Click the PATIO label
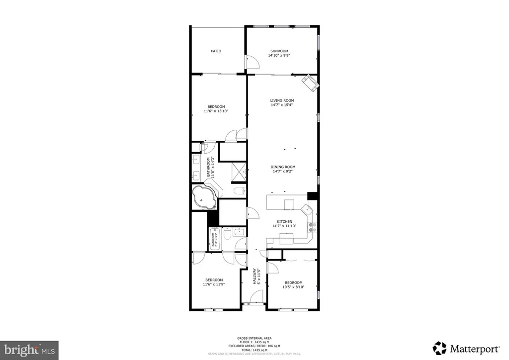(216, 51)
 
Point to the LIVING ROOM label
(282, 100)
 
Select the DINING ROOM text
(283, 167)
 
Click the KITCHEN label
(284, 222)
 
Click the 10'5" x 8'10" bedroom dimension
(293, 287)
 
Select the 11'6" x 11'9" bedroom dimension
(214, 284)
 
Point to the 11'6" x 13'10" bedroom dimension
(216, 111)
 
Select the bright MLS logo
(29, 350)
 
